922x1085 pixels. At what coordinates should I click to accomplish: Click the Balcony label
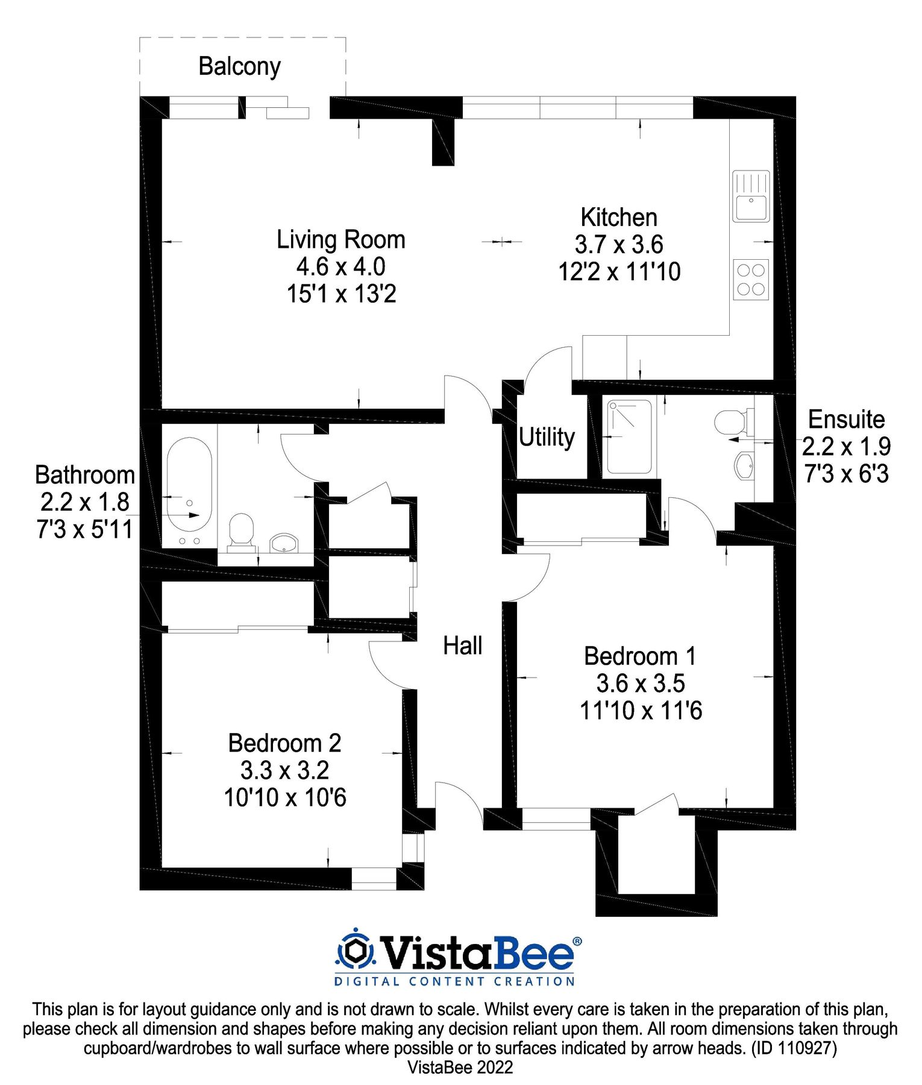tap(239, 66)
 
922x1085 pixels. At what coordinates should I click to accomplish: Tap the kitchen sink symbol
tap(751, 197)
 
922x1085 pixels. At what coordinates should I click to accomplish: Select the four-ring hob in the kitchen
tap(751, 279)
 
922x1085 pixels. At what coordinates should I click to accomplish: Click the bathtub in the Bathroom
tap(189, 484)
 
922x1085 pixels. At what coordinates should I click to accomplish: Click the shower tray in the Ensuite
tap(629, 437)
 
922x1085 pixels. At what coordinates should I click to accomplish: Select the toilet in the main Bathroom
tap(242, 531)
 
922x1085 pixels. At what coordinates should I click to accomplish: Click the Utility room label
tap(547, 437)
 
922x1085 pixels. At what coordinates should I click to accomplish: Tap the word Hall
tap(462, 646)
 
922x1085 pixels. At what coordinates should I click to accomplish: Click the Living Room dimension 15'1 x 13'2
tap(341, 294)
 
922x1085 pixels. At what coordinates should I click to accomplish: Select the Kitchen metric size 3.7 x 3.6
tap(619, 245)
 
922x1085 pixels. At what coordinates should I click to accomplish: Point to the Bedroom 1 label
tap(640, 656)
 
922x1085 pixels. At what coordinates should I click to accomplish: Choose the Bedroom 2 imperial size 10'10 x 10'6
tap(285, 797)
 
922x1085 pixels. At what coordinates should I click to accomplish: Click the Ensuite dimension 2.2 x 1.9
tap(846, 447)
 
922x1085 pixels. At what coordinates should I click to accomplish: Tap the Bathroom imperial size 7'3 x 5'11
tap(84, 529)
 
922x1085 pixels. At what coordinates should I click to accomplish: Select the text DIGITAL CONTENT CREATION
tap(454, 981)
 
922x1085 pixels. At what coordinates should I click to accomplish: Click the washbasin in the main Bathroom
tap(284, 542)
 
